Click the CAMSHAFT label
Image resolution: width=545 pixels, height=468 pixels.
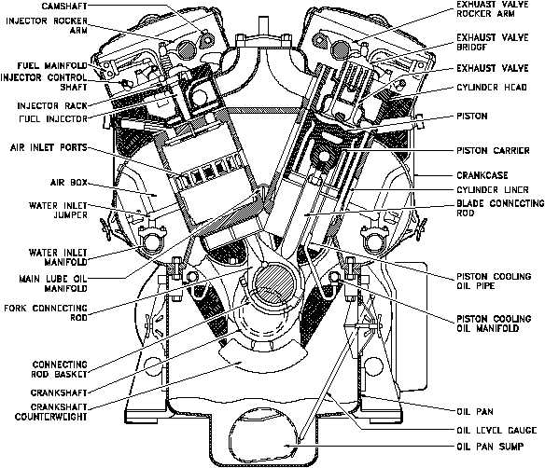click(64, 6)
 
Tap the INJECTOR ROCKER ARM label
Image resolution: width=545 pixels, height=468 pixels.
click(47, 25)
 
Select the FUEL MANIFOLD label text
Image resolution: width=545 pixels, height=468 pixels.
click(52, 65)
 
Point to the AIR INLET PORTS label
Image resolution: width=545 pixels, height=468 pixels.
click(49, 147)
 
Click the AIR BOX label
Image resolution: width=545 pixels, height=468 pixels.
click(69, 183)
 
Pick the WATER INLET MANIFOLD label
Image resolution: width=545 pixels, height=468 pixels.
click(58, 257)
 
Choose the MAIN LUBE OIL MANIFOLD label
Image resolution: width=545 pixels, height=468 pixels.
click(53, 283)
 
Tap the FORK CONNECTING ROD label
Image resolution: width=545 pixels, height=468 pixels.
click(46, 312)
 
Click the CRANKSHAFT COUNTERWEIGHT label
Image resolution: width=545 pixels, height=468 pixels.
click(50, 411)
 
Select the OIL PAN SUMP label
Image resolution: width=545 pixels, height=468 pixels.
click(490, 447)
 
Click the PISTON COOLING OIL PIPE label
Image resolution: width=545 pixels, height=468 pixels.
click(494, 281)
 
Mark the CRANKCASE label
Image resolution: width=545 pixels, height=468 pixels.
click(482, 175)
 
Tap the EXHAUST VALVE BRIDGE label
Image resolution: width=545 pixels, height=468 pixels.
click(493, 42)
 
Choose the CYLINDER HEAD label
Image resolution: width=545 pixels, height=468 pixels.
click(492, 87)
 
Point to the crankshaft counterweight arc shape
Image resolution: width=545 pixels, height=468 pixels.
click(262, 359)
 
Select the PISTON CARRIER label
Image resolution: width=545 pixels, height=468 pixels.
click(494, 151)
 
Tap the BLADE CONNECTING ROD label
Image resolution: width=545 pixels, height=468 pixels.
click(500, 208)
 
